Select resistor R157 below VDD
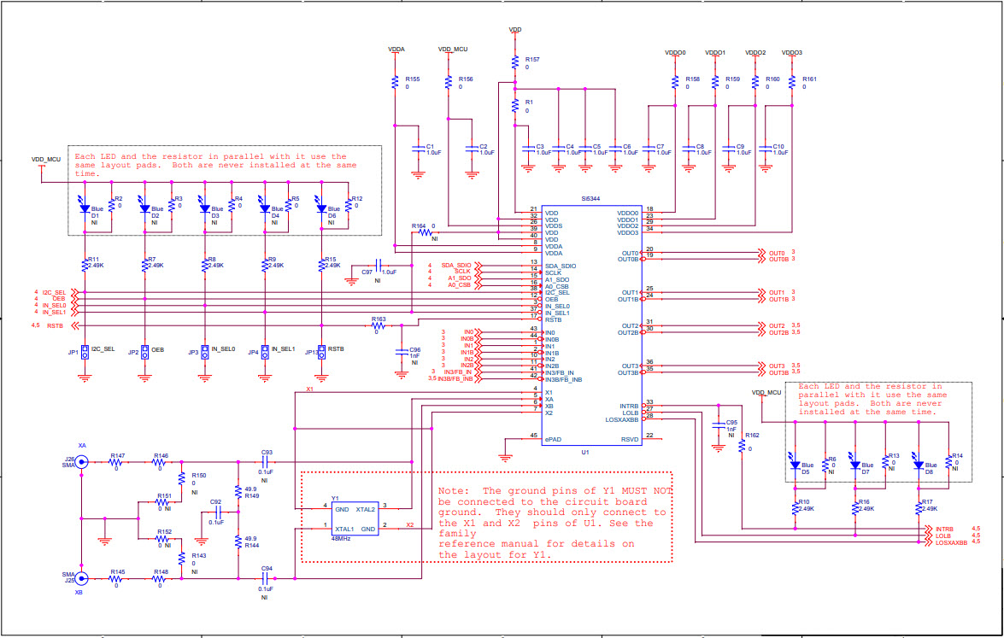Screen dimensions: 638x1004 (x=515, y=61)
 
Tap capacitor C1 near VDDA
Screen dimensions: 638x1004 (x=418, y=149)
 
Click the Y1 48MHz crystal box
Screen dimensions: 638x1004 (x=354, y=518)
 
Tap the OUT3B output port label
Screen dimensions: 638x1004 (x=778, y=373)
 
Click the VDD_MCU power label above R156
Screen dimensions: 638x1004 (x=453, y=50)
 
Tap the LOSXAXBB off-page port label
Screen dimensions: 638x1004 (x=950, y=542)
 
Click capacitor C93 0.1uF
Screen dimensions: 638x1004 (x=267, y=461)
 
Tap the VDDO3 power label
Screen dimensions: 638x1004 (x=792, y=52)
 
